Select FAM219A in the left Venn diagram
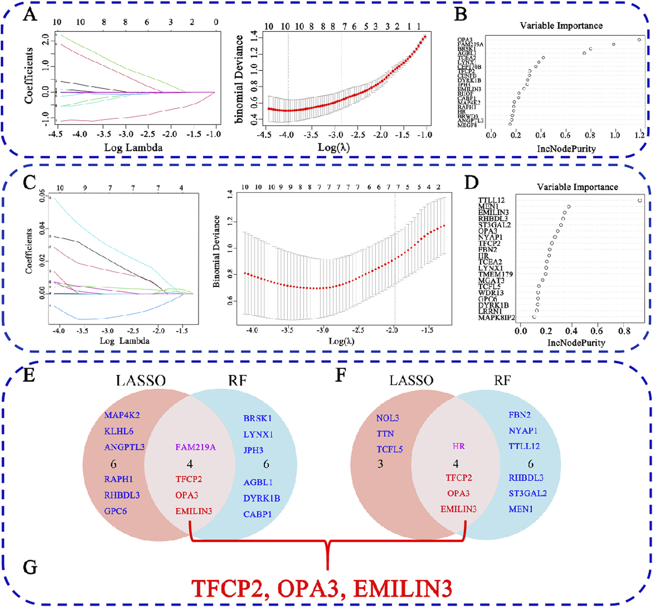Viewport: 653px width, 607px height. [195, 447]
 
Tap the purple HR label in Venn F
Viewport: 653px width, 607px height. [458, 446]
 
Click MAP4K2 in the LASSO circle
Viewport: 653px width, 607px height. [122, 415]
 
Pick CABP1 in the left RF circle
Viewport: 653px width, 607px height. [257, 514]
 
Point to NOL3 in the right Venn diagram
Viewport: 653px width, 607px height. [387, 418]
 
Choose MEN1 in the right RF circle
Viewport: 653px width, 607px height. [521, 509]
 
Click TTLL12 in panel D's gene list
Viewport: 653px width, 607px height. [491, 200]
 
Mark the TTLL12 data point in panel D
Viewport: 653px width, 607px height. [640, 200]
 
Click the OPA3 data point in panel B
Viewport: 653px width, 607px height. [639, 40]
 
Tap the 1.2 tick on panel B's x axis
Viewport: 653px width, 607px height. [640, 135]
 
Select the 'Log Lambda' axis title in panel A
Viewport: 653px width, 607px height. [133, 148]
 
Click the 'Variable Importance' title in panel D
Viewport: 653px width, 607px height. [577, 187]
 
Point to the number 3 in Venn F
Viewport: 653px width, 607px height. [380, 464]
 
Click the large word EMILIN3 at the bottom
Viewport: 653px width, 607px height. [402, 588]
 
